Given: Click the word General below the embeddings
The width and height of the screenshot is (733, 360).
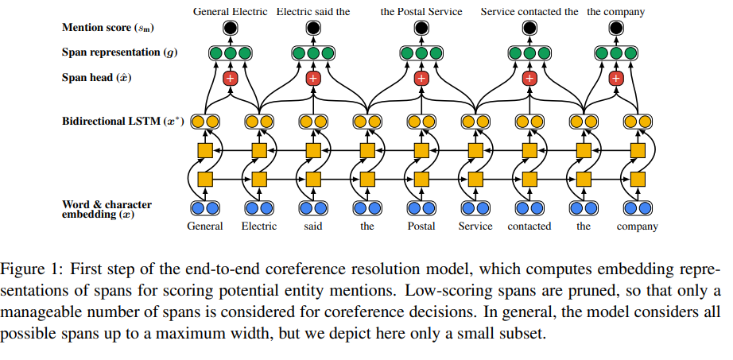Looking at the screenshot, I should [x=204, y=226].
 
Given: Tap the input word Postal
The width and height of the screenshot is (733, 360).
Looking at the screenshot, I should [x=421, y=226].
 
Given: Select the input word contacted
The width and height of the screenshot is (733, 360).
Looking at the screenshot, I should [x=529, y=226].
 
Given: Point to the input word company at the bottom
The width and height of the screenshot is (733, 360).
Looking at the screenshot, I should [x=637, y=226].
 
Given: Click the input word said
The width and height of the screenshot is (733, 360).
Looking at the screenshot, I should [x=312, y=226].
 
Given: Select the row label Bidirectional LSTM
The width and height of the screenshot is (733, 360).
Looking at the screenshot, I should [x=124, y=122].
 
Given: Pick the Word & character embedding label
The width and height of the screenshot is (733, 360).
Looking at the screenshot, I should [x=107, y=210].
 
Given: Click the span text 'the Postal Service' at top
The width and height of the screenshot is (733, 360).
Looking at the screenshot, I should [x=421, y=12].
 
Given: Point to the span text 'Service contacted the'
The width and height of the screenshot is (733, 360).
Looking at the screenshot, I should [x=529, y=12].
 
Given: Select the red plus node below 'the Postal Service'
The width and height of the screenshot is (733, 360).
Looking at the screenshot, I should [x=421, y=78].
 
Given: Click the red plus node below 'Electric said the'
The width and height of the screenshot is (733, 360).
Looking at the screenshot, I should [x=312, y=78].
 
